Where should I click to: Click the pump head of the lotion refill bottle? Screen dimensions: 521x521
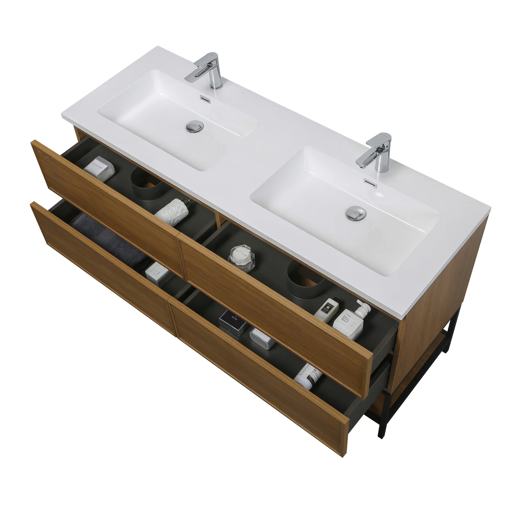click(x=363, y=307)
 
